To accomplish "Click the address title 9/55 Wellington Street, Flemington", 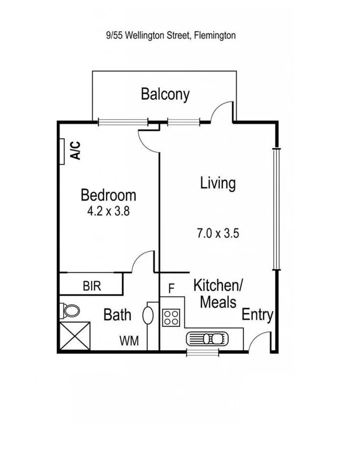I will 171,35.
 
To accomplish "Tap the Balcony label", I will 165,94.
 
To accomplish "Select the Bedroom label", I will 108,195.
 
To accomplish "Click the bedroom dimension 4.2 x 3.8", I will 108,211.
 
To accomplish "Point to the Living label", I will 218,183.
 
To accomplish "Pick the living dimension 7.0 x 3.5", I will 217,233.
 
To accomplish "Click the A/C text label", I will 75,150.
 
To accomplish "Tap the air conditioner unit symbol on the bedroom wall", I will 62,151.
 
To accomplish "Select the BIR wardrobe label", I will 92,286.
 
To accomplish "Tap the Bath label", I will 117,315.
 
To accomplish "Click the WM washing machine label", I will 129,341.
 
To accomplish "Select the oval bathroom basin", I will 148,316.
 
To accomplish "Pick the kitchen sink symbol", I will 208,338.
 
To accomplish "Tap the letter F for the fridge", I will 172,289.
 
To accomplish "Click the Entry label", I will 257,315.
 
